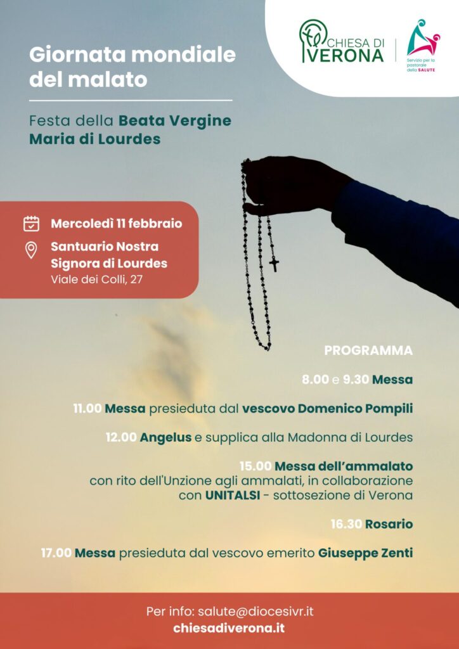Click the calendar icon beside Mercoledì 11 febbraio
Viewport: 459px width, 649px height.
[x=31, y=224]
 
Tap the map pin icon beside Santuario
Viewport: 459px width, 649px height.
[x=31, y=250]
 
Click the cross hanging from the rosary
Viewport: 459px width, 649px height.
[x=274, y=262]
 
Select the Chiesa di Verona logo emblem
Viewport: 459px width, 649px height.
[x=314, y=41]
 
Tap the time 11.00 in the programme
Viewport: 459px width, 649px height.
[x=87, y=409]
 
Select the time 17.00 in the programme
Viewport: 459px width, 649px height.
[x=56, y=553]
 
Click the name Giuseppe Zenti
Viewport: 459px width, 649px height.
[x=365, y=553]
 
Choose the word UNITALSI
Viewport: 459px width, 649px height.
[x=231, y=495]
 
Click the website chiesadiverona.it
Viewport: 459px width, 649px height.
[x=229, y=628]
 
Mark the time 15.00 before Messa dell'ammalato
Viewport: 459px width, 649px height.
[x=255, y=466]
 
